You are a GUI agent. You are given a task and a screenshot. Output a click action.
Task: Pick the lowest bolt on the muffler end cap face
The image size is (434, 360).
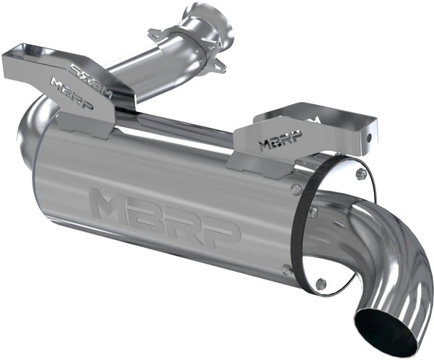[x=321, y=283]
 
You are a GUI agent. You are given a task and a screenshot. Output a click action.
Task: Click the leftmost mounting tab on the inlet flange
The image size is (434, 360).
[x=155, y=33]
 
